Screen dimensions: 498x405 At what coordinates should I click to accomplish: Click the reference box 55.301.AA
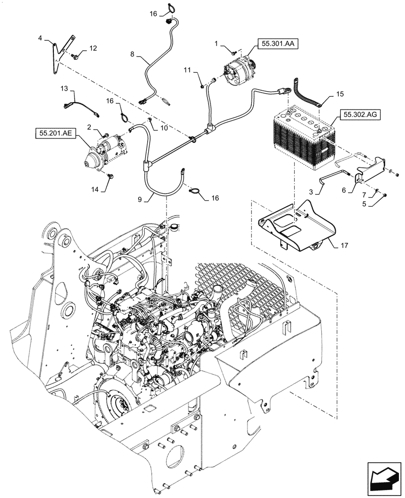coord(278,44)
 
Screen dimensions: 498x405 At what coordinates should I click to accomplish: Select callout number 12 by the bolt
coord(93,48)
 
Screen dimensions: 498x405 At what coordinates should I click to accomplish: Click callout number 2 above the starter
coord(90,128)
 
